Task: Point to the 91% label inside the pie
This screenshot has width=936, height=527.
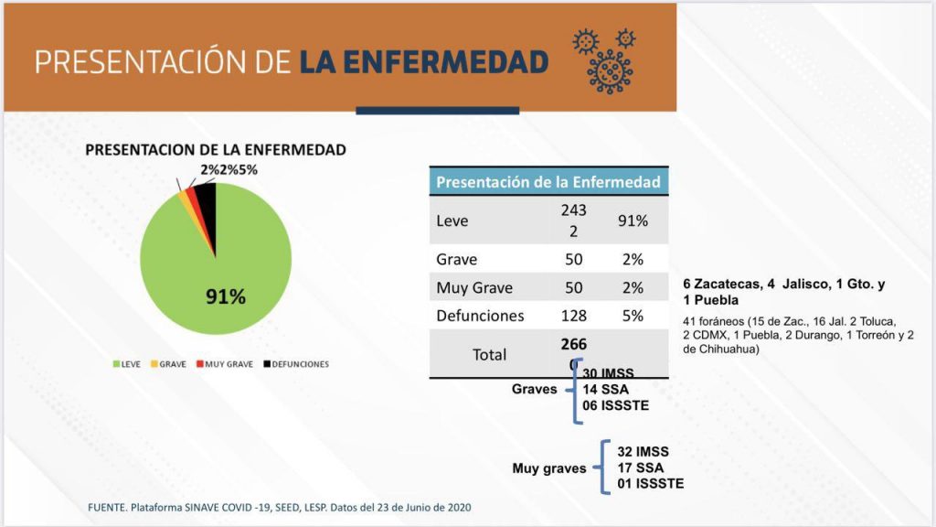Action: pyautogui.click(x=225, y=297)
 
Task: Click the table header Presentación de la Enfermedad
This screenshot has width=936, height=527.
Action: pyautogui.click(x=548, y=181)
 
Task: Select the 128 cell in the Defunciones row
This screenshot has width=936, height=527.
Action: pyautogui.click(x=574, y=316)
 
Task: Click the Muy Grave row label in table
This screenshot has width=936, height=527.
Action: pyautogui.click(x=474, y=288)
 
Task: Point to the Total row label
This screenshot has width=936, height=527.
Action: pyautogui.click(x=489, y=355)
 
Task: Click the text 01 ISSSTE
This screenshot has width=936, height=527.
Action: pyautogui.click(x=650, y=483)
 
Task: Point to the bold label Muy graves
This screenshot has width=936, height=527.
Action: pyautogui.click(x=548, y=468)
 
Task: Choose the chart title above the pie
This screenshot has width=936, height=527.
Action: pyautogui.click(x=216, y=150)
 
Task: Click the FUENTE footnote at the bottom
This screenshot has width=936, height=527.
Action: pyautogui.click(x=280, y=507)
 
